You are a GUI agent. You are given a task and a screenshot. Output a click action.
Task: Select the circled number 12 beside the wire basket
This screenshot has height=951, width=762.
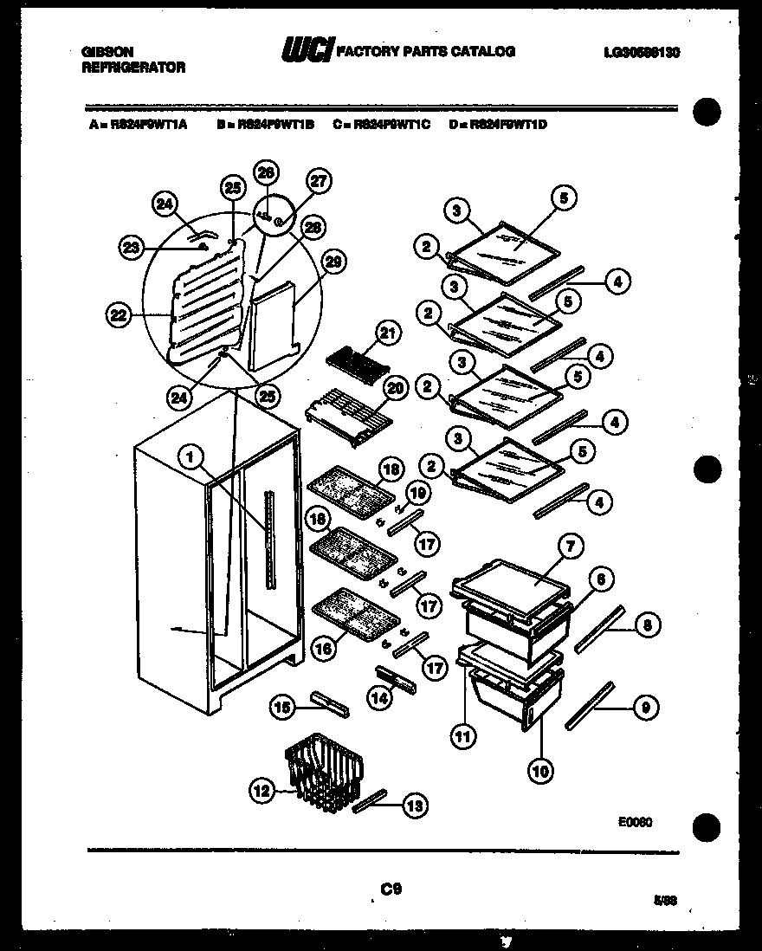(261, 789)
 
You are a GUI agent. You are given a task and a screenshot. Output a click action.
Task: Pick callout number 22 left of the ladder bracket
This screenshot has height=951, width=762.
(118, 316)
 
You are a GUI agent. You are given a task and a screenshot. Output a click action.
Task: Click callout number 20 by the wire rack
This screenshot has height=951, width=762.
(394, 390)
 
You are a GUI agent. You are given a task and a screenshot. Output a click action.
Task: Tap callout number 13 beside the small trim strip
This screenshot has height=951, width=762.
(415, 806)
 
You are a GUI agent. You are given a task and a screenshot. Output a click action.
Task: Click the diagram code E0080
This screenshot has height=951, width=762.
(635, 823)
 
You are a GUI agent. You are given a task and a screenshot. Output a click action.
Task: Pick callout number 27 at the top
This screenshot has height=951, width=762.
(320, 182)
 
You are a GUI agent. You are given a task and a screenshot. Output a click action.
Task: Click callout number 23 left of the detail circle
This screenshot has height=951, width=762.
(131, 248)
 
